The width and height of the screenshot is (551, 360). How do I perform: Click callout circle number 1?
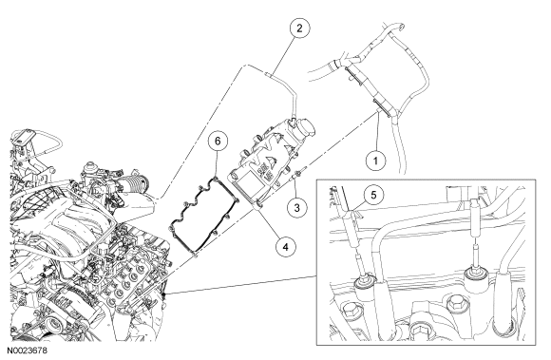coord(375,161)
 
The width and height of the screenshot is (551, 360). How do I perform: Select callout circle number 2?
coord(299,28)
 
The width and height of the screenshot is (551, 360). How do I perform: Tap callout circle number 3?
coord(297,208)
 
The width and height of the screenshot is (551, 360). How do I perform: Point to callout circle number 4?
coord(285,247)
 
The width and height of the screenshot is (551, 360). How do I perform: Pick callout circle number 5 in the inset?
coord(373,195)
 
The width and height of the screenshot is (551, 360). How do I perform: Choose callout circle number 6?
coord(218,142)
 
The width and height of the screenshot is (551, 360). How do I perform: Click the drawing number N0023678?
coord(27,351)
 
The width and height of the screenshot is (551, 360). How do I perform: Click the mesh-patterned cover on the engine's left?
coord(41,201)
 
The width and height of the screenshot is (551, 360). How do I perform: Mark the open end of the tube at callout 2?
coord(266,73)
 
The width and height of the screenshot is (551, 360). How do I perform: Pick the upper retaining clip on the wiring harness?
coord(353,76)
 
